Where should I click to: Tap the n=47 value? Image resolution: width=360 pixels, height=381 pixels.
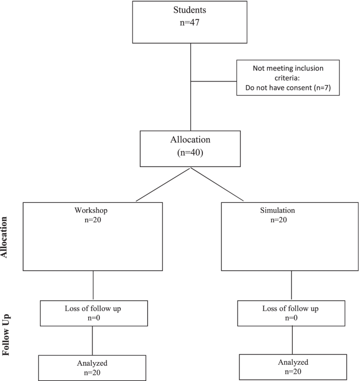tap(190, 24)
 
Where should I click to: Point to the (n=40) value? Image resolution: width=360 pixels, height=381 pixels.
tap(190, 155)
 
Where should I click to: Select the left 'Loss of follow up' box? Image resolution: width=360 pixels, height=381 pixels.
tap(93, 313)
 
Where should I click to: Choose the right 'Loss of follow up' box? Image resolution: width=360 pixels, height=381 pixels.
tap(291, 313)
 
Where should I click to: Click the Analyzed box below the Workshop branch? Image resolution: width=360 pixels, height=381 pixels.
tap(93, 367)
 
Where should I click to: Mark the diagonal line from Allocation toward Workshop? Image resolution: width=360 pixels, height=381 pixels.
tap(163, 185)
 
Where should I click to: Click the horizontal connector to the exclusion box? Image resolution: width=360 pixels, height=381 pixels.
tap(213, 81)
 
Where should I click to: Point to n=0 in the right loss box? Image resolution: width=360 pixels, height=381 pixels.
tap(291, 318)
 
